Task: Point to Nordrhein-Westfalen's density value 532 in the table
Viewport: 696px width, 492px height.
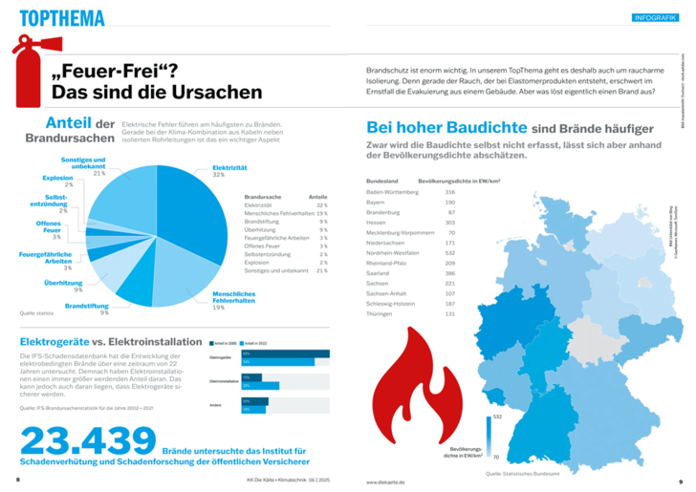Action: click(x=449, y=252)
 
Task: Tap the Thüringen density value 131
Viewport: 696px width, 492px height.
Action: click(x=449, y=314)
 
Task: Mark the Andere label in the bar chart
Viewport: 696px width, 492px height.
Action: click(x=216, y=406)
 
